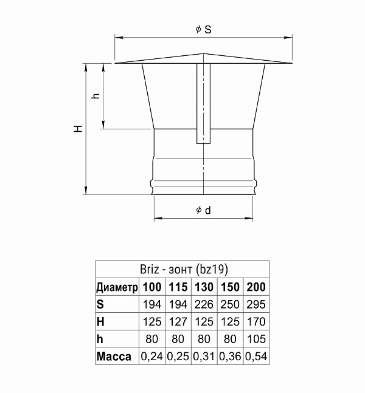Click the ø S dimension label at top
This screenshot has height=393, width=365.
click(x=204, y=29)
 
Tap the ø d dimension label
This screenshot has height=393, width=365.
click(x=203, y=210)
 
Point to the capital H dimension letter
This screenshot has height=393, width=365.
click(x=78, y=129)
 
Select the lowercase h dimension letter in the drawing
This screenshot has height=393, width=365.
click(x=96, y=96)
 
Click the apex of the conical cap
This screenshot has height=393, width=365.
click(x=203, y=53)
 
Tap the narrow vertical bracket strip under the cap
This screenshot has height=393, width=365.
click(x=203, y=103)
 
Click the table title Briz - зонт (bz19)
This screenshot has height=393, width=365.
click(x=184, y=270)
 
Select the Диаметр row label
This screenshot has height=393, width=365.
click(x=117, y=287)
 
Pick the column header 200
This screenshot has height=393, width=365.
click(x=256, y=287)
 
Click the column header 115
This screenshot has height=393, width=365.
click(x=178, y=287)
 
